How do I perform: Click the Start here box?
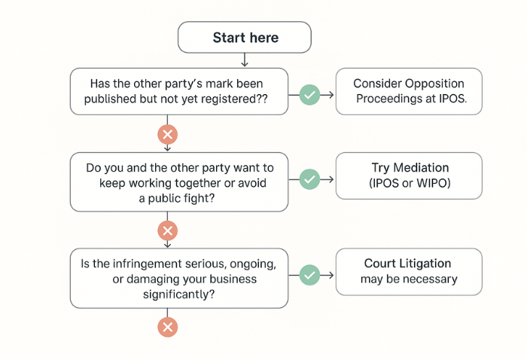[245, 38]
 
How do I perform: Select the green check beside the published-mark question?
[309, 94]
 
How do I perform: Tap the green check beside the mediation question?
[309, 179]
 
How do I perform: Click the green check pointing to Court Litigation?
[309, 275]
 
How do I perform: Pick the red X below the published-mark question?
[167, 134]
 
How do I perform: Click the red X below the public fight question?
[167, 230]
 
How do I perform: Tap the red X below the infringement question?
[167, 326]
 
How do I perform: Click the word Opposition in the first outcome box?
[437, 84]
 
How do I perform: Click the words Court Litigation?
[408, 264]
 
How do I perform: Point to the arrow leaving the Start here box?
[245, 59]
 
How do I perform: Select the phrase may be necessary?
[408, 279]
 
